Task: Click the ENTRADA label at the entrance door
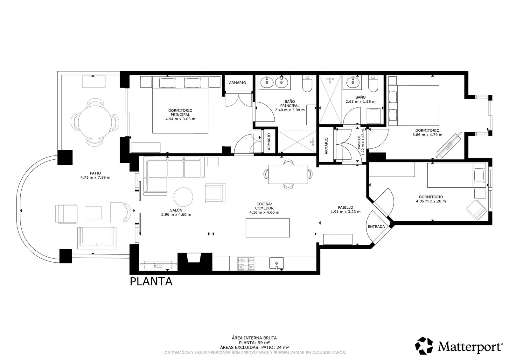(376, 226)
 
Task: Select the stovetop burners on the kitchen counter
(246, 263)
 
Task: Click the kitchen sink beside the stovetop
(276, 263)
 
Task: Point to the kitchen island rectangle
(268, 228)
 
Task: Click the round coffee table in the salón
(183, 197)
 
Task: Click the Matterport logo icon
(424, 345)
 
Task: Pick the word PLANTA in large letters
(151, 282)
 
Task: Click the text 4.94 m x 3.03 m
(180, 119)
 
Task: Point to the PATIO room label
(95, 173)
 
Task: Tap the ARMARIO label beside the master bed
(237, 83)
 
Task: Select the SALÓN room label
(176, 210)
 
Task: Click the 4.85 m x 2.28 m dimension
(431, 201)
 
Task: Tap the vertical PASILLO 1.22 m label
(361, 142)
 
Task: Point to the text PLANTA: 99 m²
(254, 343)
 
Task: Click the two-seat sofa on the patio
(97, 238)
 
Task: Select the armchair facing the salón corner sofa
(215, 193)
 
